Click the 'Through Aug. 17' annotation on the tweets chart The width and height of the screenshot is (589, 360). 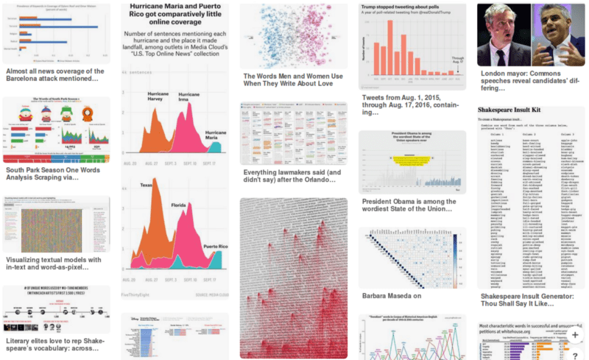click(x=457, y=62)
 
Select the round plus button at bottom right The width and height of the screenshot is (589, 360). click(x=575, y=334)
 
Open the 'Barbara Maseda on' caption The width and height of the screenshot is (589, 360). click(x=392, y=296)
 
